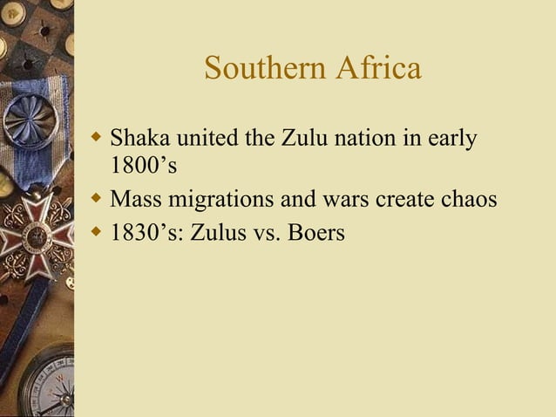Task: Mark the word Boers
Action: (310, 233)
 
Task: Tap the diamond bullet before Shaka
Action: (97, 138)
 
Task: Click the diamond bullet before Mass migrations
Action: (97, 199)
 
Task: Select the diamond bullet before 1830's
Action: (97, 233)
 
